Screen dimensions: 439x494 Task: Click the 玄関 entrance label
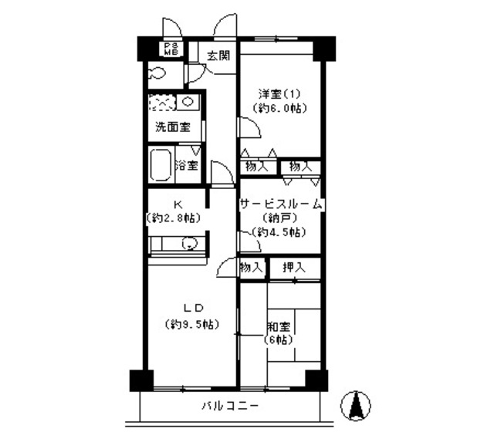point(218,55)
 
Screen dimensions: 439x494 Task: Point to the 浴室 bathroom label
point(186,165)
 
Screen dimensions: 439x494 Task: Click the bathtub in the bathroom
point(161,165)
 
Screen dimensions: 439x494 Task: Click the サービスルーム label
point(281,204)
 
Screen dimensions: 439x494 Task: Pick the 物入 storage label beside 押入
point(252,268)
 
